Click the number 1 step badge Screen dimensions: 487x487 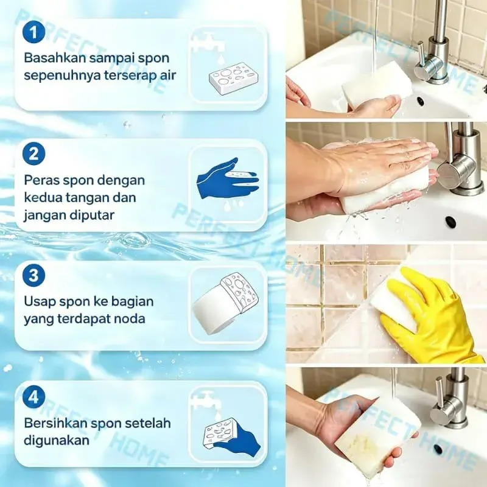[34, 32]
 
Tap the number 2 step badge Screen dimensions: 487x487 [34, 154]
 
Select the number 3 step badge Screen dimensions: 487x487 [34, 275]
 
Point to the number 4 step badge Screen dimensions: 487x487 [34, 397]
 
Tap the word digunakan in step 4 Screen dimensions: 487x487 [57, 441]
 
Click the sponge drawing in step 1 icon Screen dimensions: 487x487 [234, 78]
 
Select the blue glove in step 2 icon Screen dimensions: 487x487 [226, 178]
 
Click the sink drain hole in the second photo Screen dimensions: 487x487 [450, 221]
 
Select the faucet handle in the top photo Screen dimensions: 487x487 [421, 55]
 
